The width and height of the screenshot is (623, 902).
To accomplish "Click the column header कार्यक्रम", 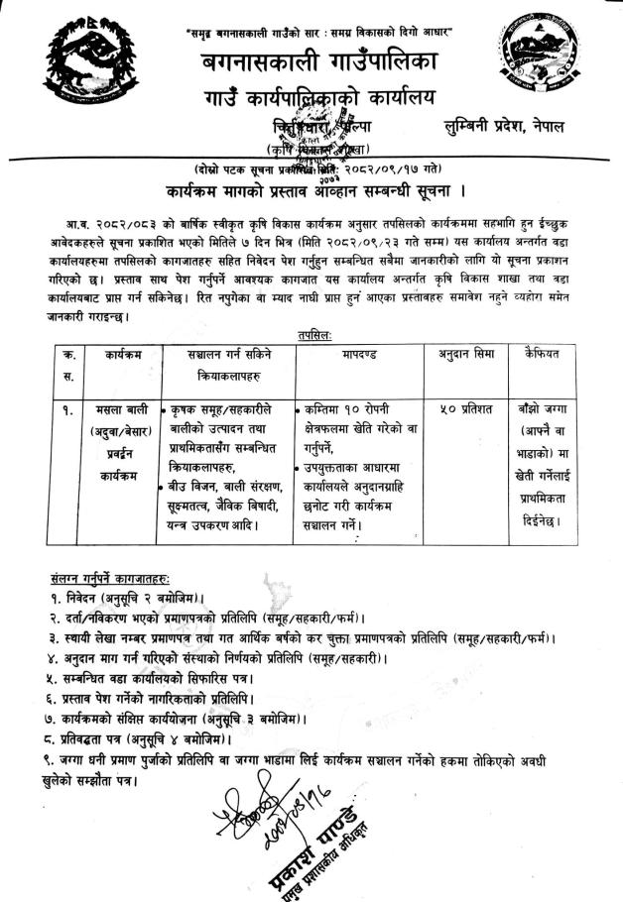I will pyautogui.click(x=103, y=353).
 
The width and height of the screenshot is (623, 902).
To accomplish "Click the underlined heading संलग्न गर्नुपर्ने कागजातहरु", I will pyautogui.click(x=110, y=577).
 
